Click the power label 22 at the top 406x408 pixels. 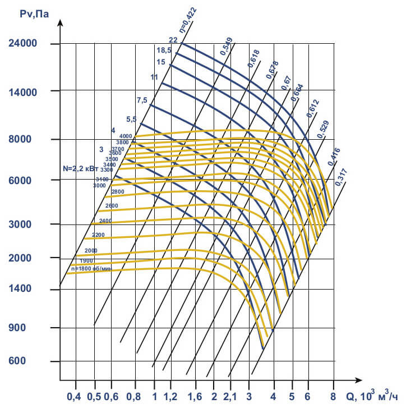coord(173,40)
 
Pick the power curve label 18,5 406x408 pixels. coord(163,51)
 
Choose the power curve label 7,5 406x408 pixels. coord(142,100)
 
